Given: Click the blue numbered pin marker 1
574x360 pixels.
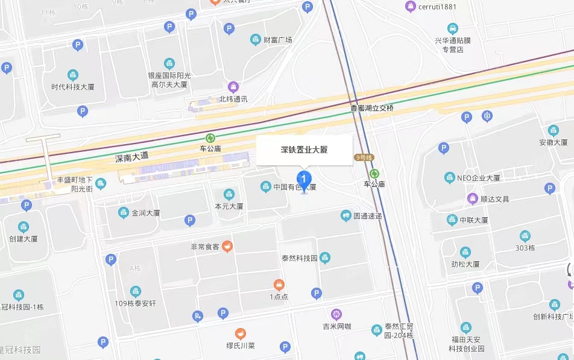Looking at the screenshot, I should pos(304,179).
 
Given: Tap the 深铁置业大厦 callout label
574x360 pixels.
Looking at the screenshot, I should pos(304,150).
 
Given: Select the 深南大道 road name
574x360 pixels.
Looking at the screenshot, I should pos(131,157).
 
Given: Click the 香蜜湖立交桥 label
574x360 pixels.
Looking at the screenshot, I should pos(372,108).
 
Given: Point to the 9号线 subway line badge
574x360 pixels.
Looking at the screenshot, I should pos(364,157).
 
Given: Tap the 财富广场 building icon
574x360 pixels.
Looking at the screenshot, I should pos(256,40).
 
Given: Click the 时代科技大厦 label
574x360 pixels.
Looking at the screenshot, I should pos(73,87).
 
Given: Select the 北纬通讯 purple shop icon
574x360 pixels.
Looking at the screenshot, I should pos(233,87).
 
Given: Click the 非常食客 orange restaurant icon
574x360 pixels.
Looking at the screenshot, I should pos(227,246).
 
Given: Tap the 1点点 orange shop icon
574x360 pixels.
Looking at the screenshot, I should pos(279,284).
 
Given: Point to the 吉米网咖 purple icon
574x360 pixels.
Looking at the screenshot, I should pos(336,314).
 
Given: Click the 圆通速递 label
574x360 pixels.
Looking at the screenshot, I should pos(367,215).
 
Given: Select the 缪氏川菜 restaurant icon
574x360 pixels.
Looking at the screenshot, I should pos(240,333).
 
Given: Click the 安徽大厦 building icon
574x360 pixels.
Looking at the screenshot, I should pos(553,130).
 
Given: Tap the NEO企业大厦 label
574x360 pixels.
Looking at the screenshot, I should pos(478,178).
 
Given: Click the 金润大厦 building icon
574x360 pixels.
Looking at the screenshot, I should pos(123,213).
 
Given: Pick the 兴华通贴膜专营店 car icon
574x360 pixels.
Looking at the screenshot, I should pos(452,28).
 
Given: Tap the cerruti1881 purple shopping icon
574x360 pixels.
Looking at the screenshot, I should pos(411,7).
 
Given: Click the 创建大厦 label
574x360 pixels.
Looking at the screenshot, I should pos(24,239).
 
